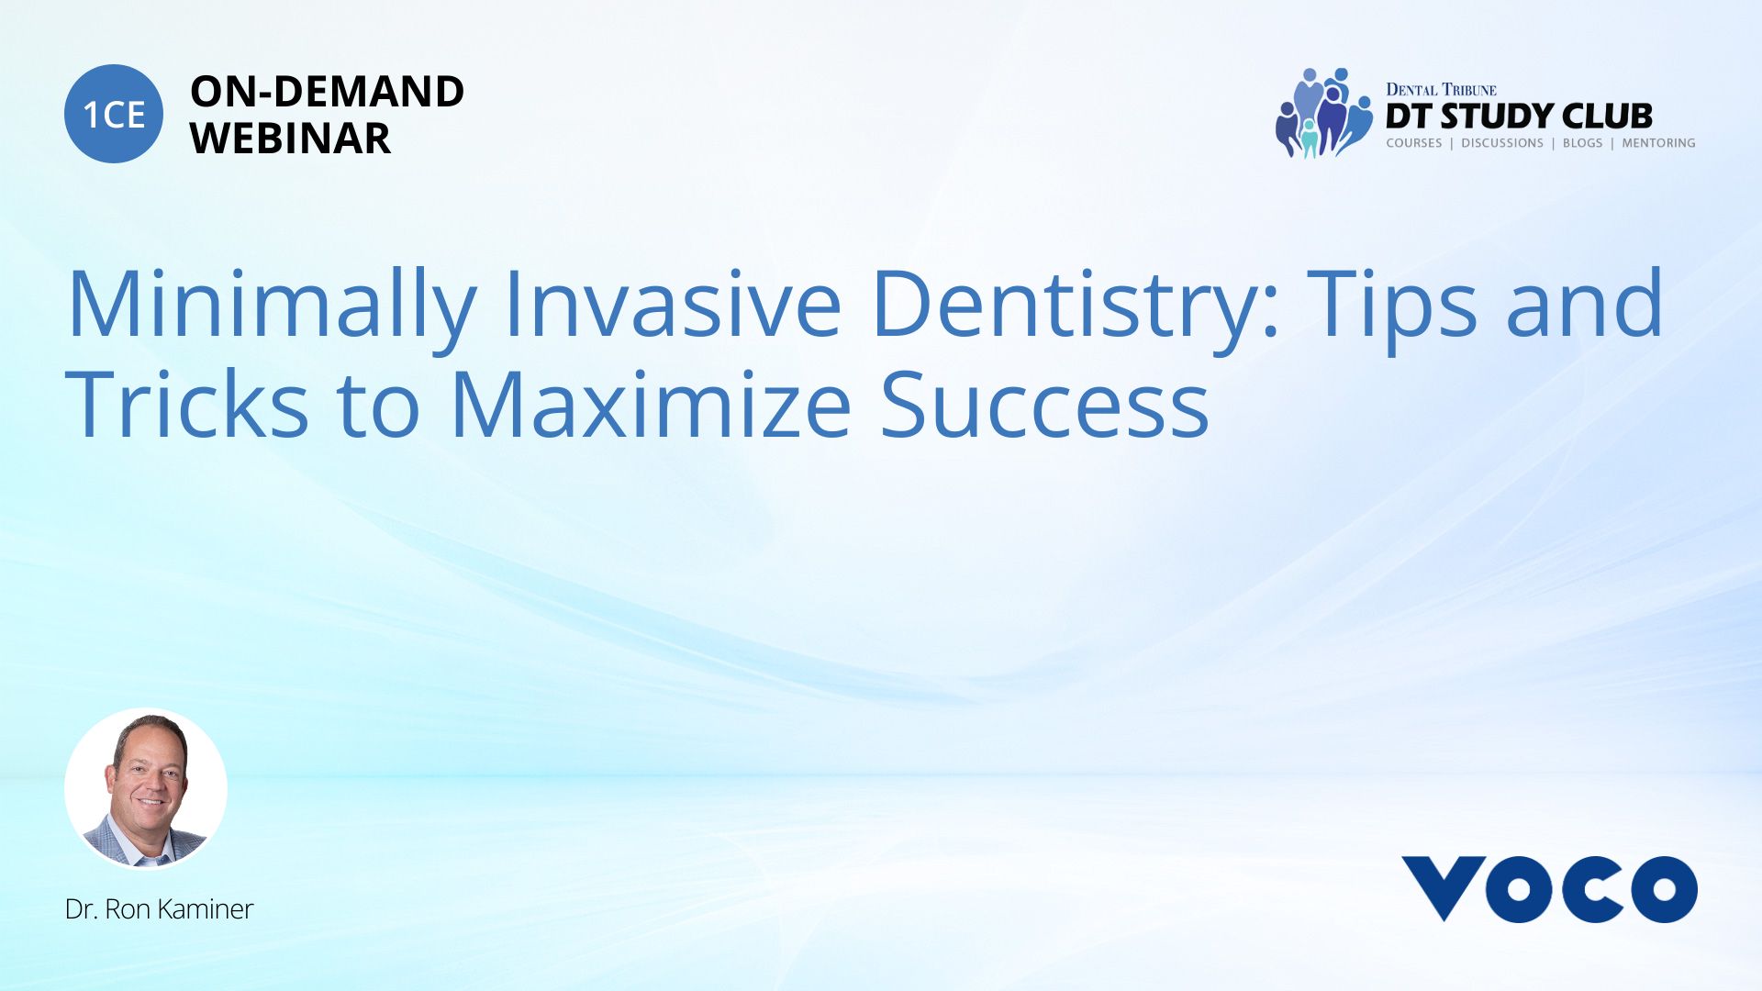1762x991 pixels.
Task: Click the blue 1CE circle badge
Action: pos(114,114)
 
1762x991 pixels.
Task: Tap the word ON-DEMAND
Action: pos(327,92)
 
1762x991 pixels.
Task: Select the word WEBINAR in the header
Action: pos(290,139)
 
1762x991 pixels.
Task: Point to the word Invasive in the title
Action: pos(672,302)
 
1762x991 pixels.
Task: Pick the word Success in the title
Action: pos(1044,404)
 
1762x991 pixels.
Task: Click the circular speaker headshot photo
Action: pos(146,789)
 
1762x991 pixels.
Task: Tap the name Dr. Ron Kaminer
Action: pos(159,909)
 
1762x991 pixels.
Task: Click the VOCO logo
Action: pos(1549,888)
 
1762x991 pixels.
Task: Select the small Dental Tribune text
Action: pos(1441,90)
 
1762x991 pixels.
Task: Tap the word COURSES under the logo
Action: pos(1413,143)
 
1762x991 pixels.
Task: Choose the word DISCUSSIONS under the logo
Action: pos(1502,143)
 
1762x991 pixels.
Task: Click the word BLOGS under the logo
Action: pos(1582,143)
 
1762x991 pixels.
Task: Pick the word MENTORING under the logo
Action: pos(1658,143)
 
